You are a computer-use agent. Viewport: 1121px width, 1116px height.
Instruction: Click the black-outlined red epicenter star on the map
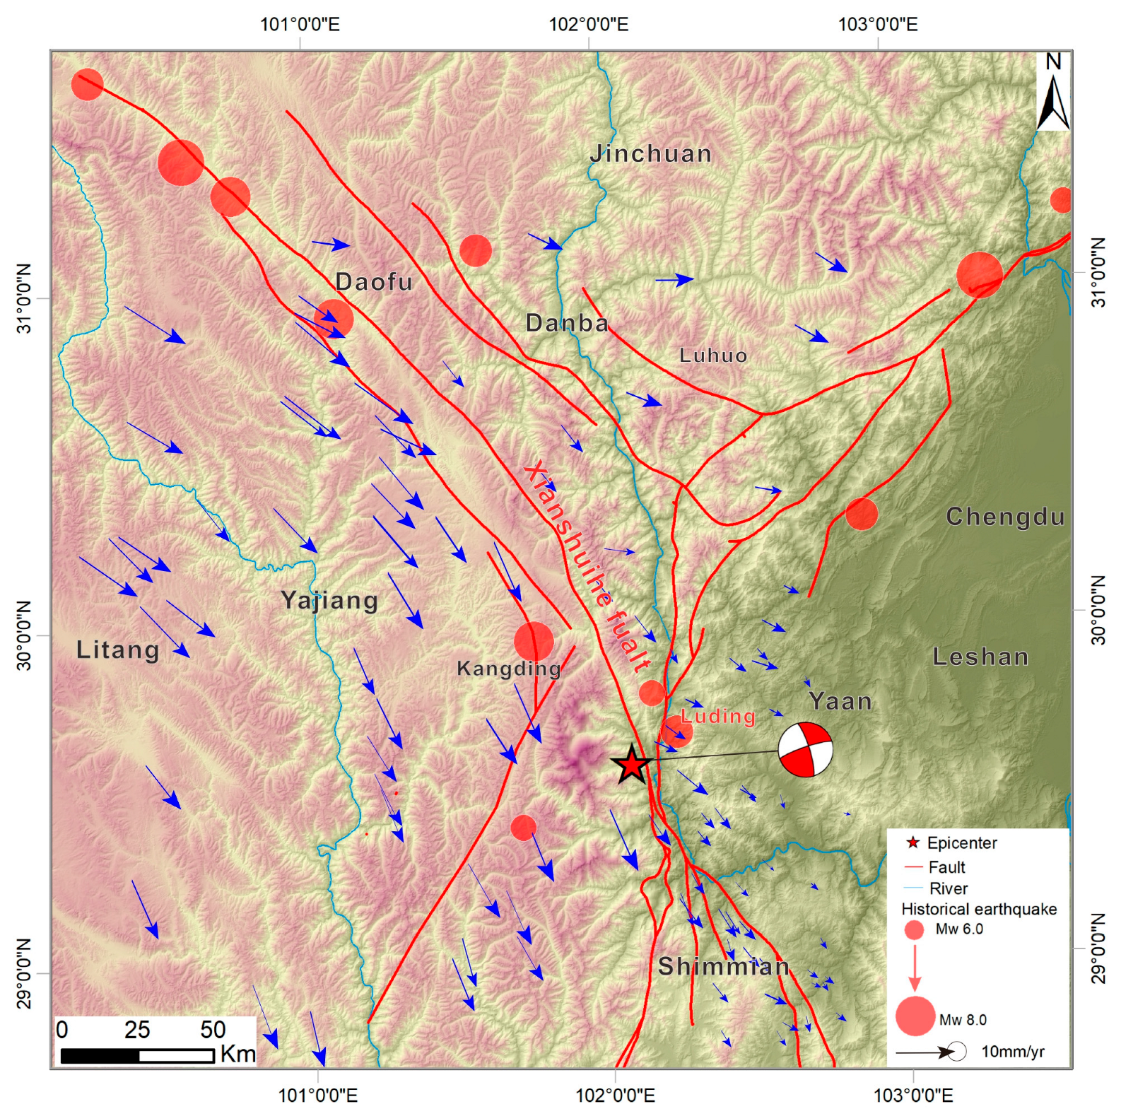tap(631, 765)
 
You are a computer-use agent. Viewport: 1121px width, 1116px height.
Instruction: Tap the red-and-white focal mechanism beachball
tap(805, 749)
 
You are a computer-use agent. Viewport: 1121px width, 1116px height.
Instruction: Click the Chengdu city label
tap(1005, 517)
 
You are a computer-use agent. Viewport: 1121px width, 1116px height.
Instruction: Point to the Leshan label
tap(980, 657)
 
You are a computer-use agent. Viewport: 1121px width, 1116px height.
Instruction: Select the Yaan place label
tap(840, 701)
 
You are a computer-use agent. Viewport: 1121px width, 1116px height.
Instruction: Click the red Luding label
tap(718, 716)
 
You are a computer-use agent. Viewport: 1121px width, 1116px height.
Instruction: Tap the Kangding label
tap(509, 668)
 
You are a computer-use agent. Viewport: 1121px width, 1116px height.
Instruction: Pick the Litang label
tap(118, 650)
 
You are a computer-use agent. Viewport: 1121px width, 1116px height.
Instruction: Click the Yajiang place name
tap(329, 600)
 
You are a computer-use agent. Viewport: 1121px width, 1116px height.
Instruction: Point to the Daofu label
tap(374, 281)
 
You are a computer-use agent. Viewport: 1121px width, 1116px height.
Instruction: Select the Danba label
tap(567, 322)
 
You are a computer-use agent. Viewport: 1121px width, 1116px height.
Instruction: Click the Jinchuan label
tap(651, 153)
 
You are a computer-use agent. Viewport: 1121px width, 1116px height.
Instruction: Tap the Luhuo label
tap(713, 355)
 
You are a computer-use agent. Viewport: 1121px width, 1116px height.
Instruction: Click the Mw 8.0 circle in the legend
tap(915, 1016)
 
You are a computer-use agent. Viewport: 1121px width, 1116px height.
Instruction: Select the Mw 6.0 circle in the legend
tap(914, 929)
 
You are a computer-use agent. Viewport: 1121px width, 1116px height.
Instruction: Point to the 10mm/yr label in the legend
tap(1012, 1052)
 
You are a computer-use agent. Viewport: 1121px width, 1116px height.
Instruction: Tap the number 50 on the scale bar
tap(213, 1030)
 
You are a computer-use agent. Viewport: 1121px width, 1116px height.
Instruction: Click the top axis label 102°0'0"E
tap(588, 25)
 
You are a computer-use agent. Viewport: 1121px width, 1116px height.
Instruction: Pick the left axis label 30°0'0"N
tap(25, 635)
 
